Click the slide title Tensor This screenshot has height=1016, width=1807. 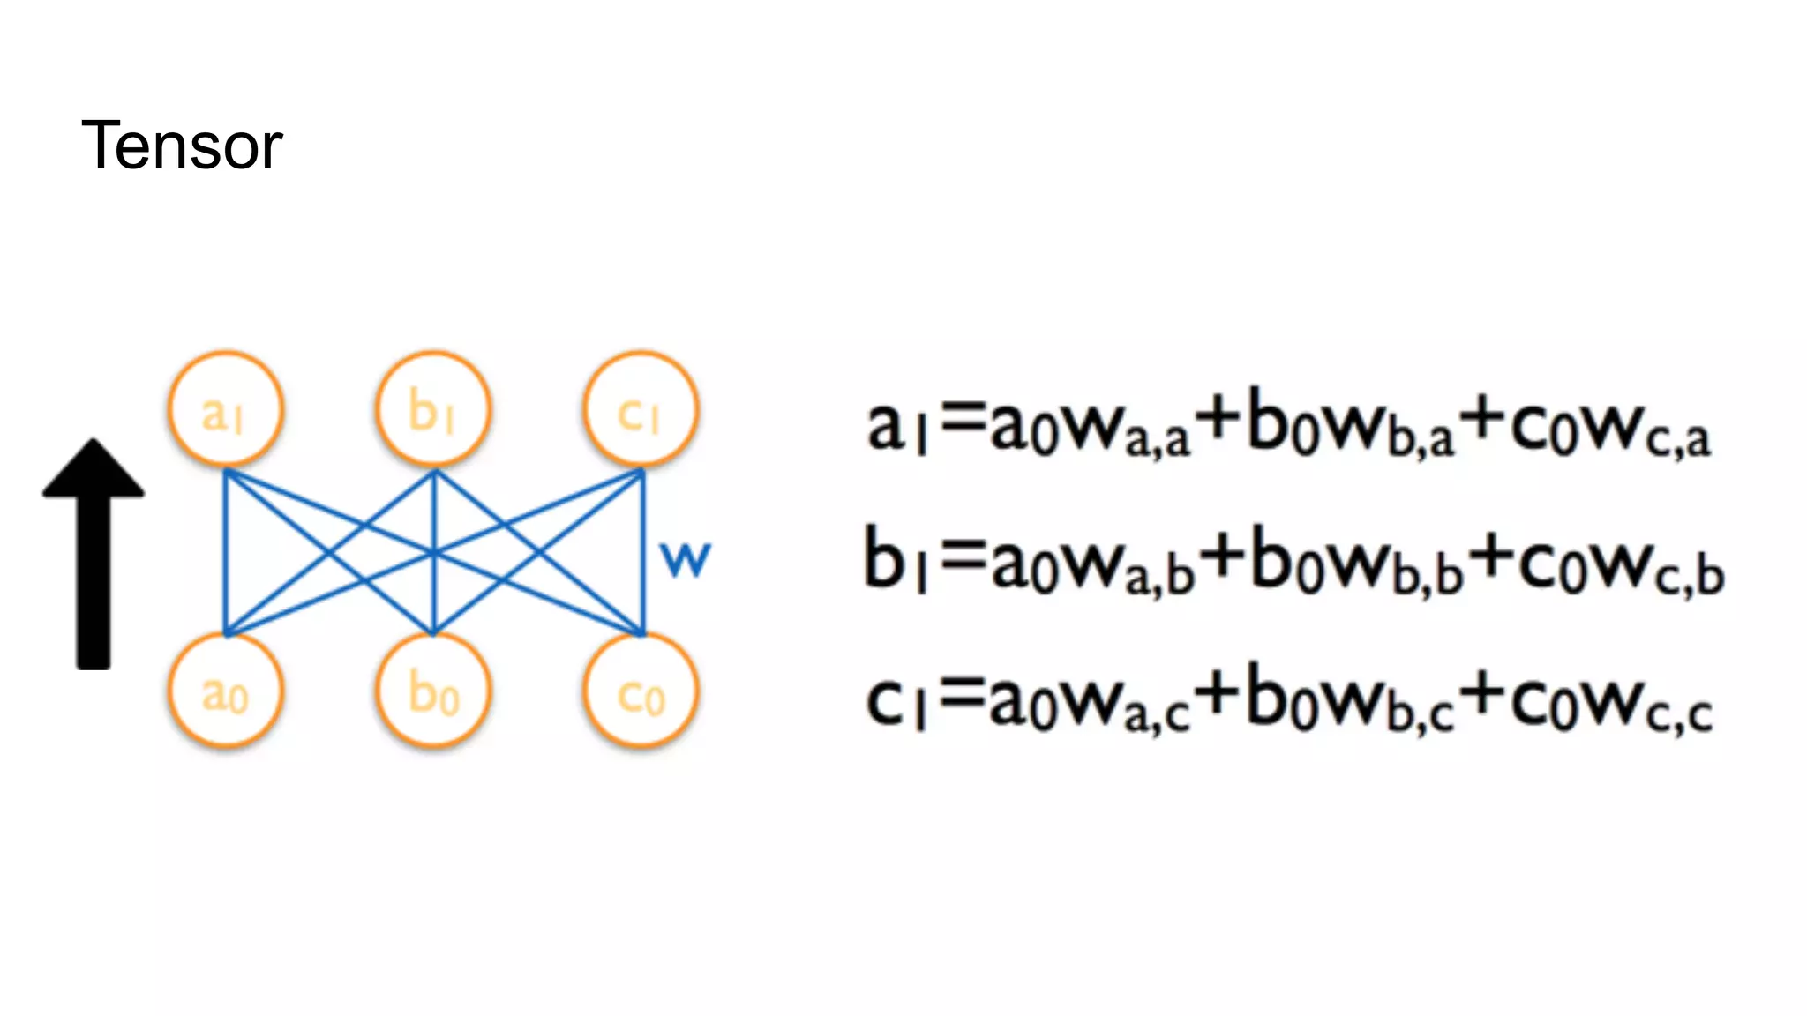point(182,146)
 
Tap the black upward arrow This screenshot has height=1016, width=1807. point(94,556)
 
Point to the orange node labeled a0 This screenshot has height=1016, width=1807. point(226,692)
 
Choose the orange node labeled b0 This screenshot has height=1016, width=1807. point(433,692)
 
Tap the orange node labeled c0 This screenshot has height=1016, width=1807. point(641,692)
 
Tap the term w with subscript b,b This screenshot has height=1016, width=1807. point(1394,569)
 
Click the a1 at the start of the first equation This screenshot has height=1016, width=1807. point(896,428)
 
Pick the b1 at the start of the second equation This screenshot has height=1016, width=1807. point(894,560)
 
